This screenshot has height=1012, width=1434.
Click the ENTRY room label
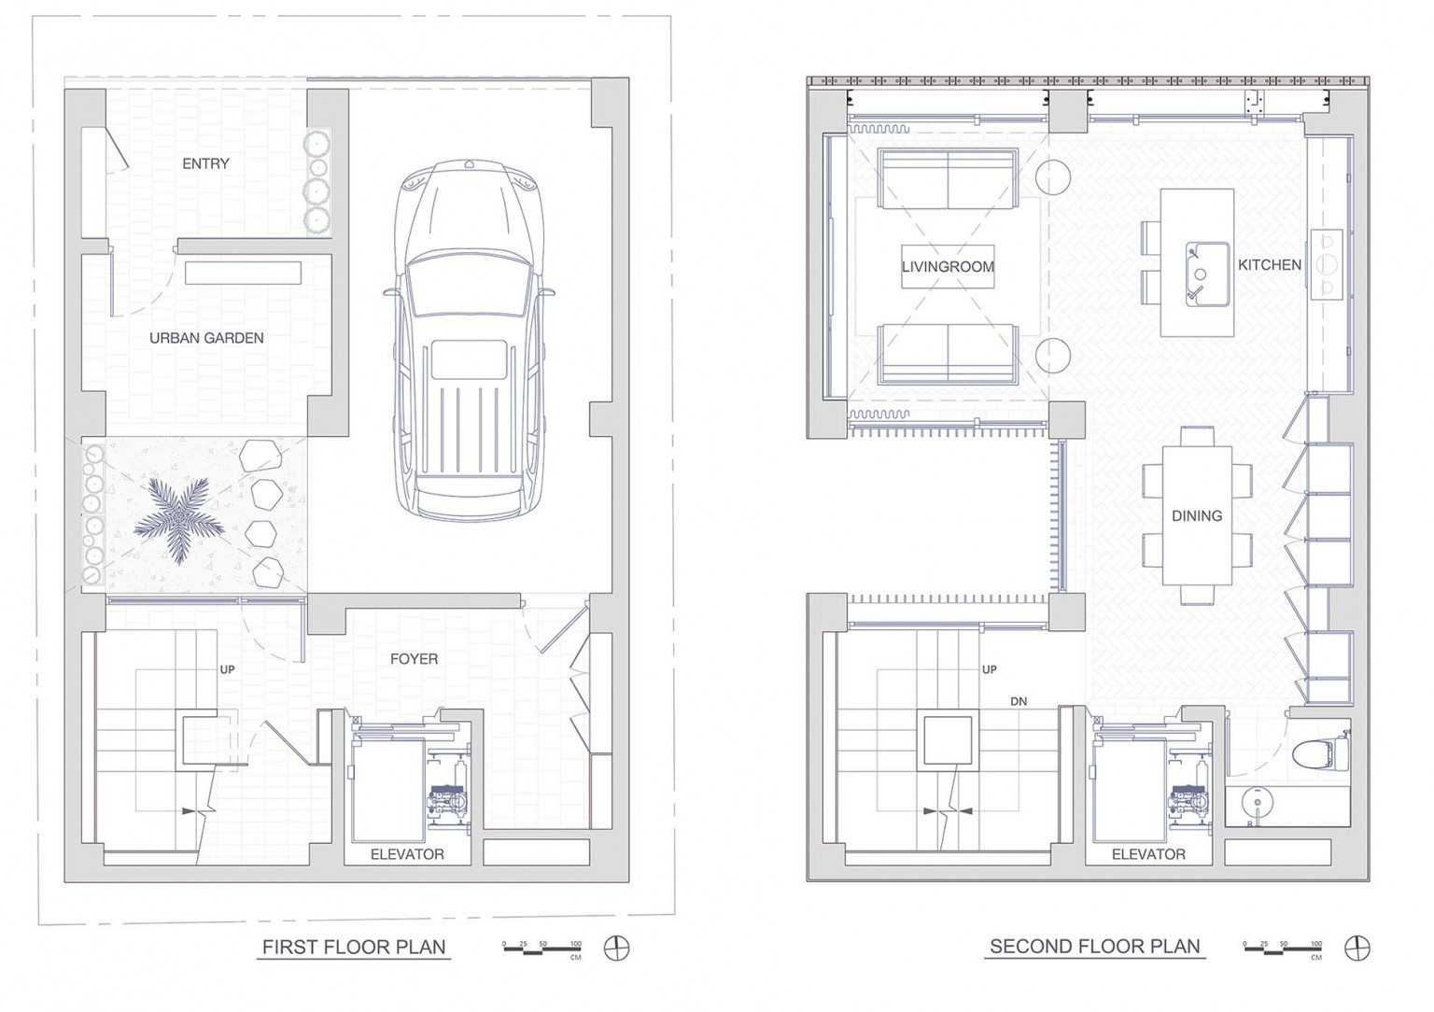[205, 164]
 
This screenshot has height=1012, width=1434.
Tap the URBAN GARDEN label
[206, 338]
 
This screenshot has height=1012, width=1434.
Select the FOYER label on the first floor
[415, 659]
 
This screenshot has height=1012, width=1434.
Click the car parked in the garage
[470, 341]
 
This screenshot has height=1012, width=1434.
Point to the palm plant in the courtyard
[178, 518]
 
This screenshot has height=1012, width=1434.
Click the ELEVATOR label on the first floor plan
[407, 854]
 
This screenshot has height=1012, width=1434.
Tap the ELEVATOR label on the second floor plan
[1148, 854]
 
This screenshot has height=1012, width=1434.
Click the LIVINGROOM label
[949, 267]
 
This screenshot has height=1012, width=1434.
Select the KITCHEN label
[1270, 264]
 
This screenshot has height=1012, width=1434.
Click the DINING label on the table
[1197, 515]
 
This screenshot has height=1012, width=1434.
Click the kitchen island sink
[1207, 274]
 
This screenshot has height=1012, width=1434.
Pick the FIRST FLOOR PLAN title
[354, 947]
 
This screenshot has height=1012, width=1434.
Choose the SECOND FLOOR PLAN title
[1095, 946]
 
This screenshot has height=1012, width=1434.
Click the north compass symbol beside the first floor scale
[616, 948]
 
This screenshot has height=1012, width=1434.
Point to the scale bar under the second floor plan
[1283, 949]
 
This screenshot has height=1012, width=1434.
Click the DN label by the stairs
[1019, 701]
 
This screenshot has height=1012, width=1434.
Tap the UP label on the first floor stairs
[227, 669]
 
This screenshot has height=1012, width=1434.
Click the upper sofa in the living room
[948, 178]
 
